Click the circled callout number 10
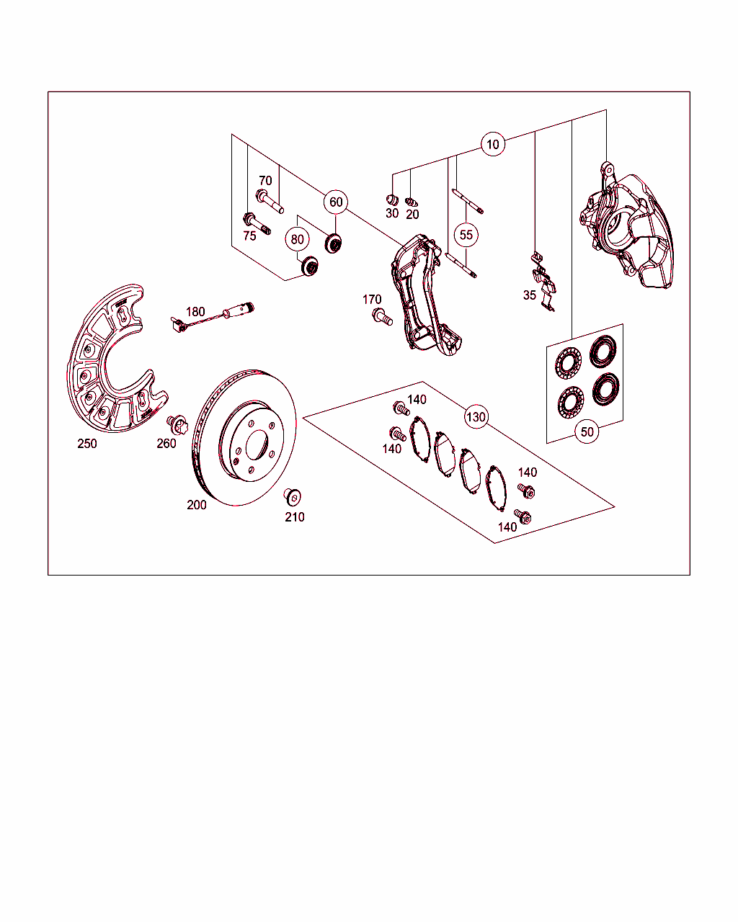[493, 144]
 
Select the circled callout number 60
[336, 202]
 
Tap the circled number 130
[476, 417]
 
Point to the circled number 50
[587, 431]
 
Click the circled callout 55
[466, 235]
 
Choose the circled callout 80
[297, 239]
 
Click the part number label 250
[87, 444]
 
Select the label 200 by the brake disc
[197, 505]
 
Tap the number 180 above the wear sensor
[195, 312]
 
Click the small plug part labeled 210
[293, 496]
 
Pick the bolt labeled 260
[177, 424]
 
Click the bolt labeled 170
[383, 317]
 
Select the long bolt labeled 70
[270, 202]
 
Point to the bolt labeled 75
[257, 223]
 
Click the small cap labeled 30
[392, 200]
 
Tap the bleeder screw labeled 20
[412, 202]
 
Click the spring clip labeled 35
[543, 282]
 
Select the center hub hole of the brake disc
[257, 444]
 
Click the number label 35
[530, 295]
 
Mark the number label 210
[295, 517]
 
